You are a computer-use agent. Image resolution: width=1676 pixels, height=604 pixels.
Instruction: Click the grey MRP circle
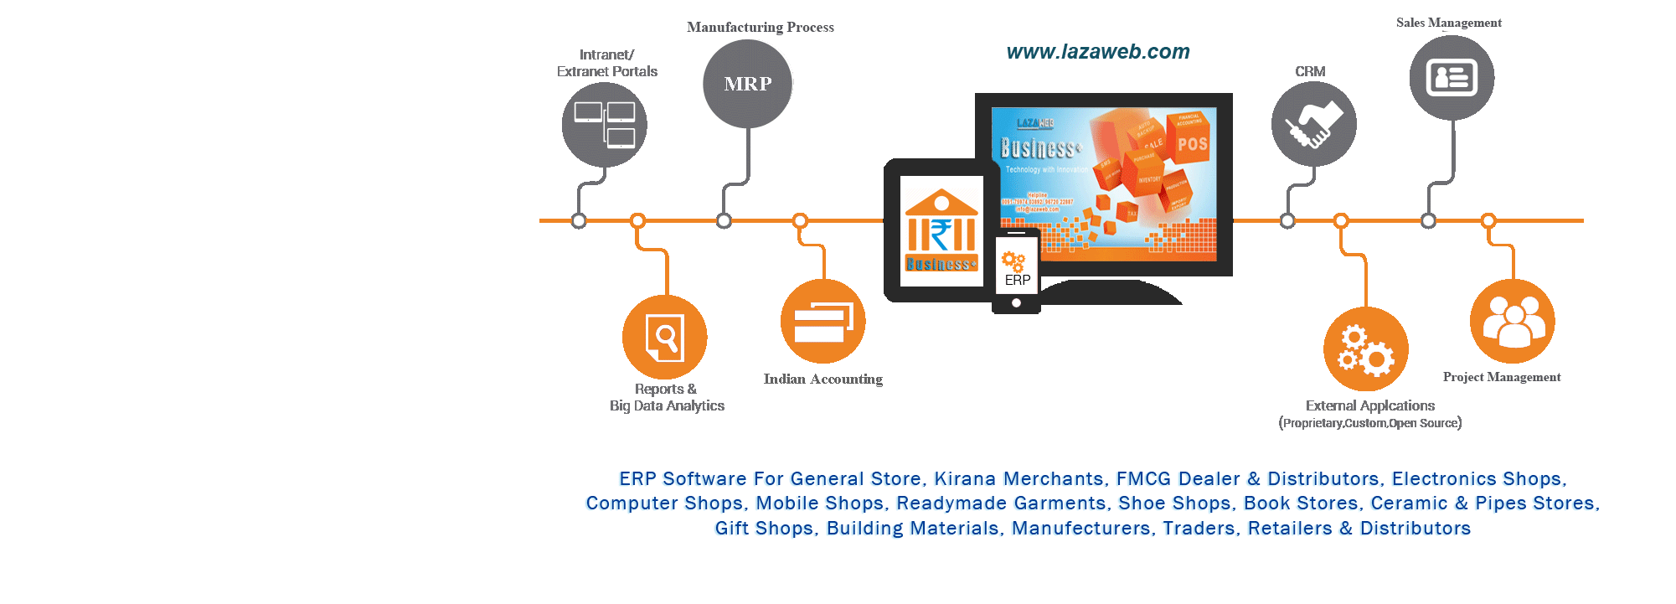tap(747, 84)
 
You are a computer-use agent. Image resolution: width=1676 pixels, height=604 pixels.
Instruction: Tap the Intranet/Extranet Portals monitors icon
tap(604, 124)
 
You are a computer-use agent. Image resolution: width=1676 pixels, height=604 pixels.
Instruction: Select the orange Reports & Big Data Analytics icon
tap(665, 337)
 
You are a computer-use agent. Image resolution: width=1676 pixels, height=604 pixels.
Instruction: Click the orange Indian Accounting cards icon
tap(823, 322)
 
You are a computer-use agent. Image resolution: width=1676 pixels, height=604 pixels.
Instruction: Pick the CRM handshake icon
tap(1313, 124)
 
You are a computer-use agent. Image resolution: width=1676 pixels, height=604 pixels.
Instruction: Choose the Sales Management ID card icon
tap(1452, 78)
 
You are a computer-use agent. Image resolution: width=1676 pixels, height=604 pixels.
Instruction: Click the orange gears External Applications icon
tap(1365, 349)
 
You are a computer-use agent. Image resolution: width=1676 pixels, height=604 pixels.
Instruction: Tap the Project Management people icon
tap(1512, 322)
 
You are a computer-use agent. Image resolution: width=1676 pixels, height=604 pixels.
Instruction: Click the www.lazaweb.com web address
tap(1097, 52)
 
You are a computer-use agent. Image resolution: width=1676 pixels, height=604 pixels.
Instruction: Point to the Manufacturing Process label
tap(760, 28)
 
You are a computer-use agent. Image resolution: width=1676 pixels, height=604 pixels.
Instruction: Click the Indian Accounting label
tap(823, 379)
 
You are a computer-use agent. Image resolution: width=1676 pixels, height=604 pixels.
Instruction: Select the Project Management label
tap(1501, 377)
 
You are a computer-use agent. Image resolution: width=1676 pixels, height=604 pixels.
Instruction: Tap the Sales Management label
tap(1448, 23)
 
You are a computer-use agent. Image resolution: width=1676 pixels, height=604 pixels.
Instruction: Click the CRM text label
tap(1310, 72)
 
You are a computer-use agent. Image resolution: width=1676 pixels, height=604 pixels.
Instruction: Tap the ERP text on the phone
tap(1017, 281)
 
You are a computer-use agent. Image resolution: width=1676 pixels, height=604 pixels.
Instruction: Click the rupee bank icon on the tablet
tap(941, 221)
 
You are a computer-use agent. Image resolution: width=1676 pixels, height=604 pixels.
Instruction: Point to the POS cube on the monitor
tap(1192, 143)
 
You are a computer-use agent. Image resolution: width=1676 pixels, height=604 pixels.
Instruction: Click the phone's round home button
tap(1016, 303)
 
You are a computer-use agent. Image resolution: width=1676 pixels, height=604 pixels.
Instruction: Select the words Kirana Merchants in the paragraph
tap(1018, 479)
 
